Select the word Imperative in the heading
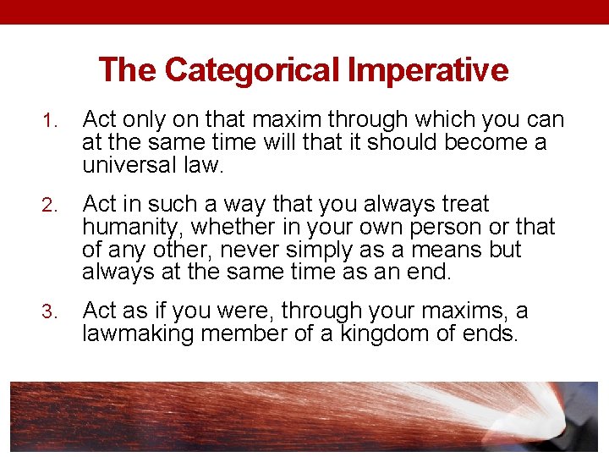coord(428,69)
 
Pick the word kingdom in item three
coord(381,333)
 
